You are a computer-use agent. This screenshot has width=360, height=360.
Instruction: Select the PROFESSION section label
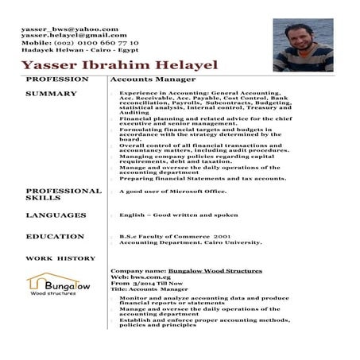click(56, 80)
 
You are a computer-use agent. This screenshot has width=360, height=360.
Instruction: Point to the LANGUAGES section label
click(56, 215)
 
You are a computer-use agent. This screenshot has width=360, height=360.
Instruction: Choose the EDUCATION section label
click(55, 237)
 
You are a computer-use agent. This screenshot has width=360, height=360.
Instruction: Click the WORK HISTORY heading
click(60, 259)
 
